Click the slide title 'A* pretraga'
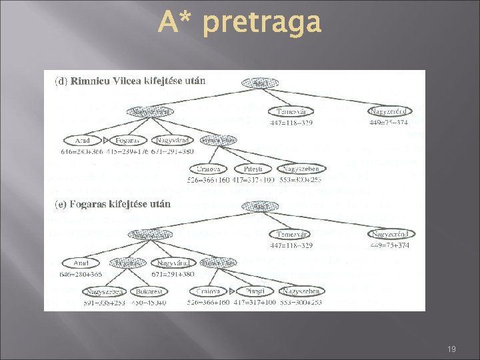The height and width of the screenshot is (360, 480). [240, 23]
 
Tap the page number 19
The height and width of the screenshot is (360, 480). [451, 349]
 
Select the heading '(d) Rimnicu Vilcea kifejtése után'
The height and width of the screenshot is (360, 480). [130, 81]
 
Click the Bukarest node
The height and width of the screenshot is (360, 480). [148, 291]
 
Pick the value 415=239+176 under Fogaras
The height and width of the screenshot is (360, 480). [127, 152]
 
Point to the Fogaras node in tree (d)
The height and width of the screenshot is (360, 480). [127, 141]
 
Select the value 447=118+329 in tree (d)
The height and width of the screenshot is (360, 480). [291, 122]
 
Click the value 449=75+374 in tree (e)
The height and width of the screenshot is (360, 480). [391, 245]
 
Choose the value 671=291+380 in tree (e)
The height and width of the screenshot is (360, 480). [172, 274]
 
